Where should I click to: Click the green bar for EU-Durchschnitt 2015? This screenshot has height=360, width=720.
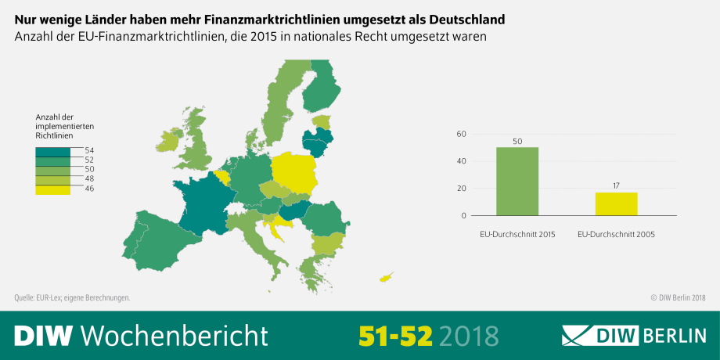click(517, 182)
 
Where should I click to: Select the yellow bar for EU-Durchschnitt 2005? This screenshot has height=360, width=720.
click(616, 203)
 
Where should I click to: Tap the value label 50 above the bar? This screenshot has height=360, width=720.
click(517, 140)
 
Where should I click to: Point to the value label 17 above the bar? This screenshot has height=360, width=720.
click(616, 185)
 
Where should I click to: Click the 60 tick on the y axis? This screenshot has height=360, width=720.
click(462, 135)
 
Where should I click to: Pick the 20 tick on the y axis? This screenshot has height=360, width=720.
click(462, 189)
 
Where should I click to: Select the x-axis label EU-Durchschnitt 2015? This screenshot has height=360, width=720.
click(517, 234)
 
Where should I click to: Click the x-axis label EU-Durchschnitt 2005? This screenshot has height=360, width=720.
click(616, 234)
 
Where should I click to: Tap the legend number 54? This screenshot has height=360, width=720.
click(89, 149)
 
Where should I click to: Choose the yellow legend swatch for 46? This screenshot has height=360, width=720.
click(52, 189)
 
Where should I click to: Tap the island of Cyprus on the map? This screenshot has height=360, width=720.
click(386, 277)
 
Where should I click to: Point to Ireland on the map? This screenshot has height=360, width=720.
click(168, 141)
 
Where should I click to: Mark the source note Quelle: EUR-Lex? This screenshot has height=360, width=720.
click(72, 297)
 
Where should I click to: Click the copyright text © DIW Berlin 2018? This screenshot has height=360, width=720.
click(678, 297)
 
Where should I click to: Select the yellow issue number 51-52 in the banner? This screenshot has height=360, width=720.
click(395, 335)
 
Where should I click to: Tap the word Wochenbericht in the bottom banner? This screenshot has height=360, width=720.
click(175, 335)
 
